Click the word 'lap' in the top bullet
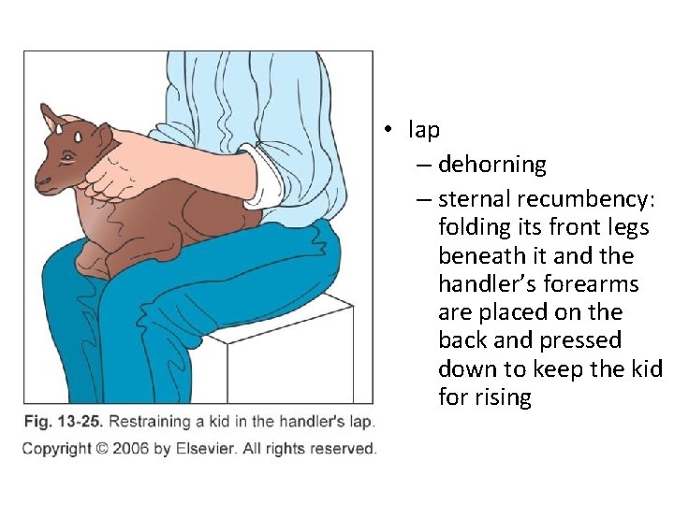424,130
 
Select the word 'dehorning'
491,165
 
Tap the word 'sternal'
476,198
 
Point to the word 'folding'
477,227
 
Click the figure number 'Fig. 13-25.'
63,423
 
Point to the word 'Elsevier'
203,449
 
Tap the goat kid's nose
40,177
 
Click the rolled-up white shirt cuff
267,185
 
